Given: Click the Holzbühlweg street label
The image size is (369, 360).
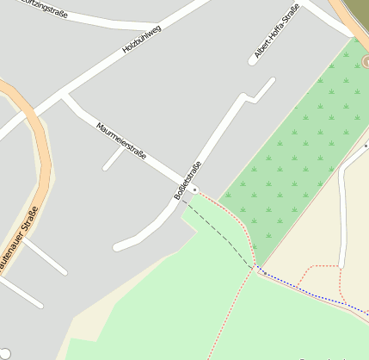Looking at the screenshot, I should coord(142,40).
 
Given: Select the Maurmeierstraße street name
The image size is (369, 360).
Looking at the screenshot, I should coord(121,140).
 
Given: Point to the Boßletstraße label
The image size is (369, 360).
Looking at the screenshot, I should coord(188,181).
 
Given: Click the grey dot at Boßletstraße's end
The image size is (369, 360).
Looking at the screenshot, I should coord(195,188).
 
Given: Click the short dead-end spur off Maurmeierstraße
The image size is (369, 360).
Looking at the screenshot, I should coord(113,159).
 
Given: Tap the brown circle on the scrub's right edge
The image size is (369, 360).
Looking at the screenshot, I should coord(366,62).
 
